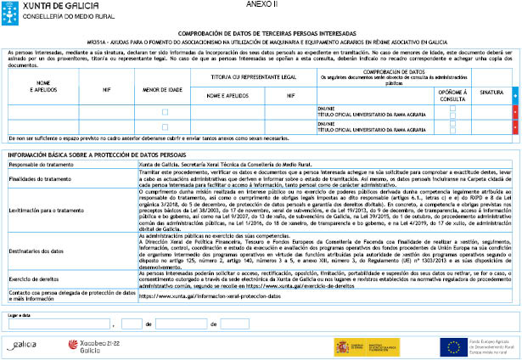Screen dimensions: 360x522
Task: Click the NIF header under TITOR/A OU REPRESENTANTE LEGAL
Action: pyautogui.click(x=290, y=96)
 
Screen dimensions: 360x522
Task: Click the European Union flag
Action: pyautogui.click(x=452, y=345)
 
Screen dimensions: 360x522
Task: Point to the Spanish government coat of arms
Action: pyautogui.click(x=342, y=346)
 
